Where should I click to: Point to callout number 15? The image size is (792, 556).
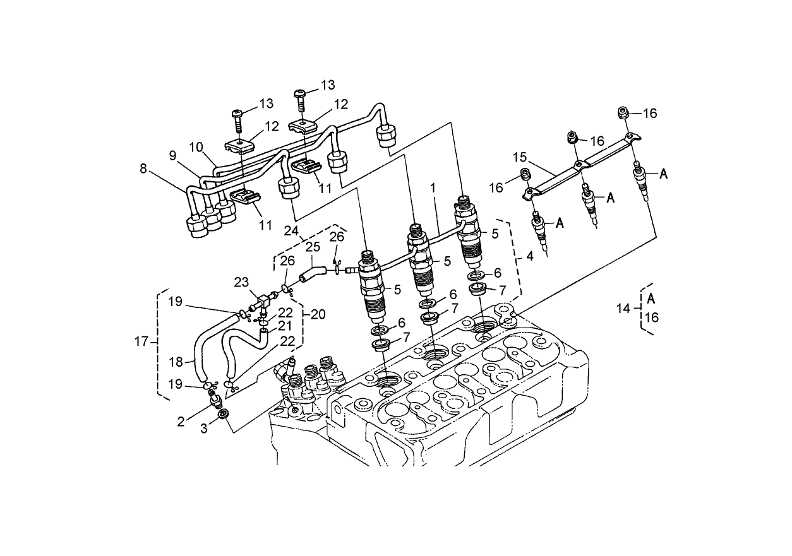tap(519, 157)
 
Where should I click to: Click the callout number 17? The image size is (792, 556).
tap(141, 341)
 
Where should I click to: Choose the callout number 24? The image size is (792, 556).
tap(291, 231)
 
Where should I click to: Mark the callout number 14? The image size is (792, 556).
tap(623, 308)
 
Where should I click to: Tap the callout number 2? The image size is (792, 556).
tap(181, 422)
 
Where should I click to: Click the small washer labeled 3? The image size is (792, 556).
tap(222, 414)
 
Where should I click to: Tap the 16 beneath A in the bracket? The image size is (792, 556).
tap(651, 317)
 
